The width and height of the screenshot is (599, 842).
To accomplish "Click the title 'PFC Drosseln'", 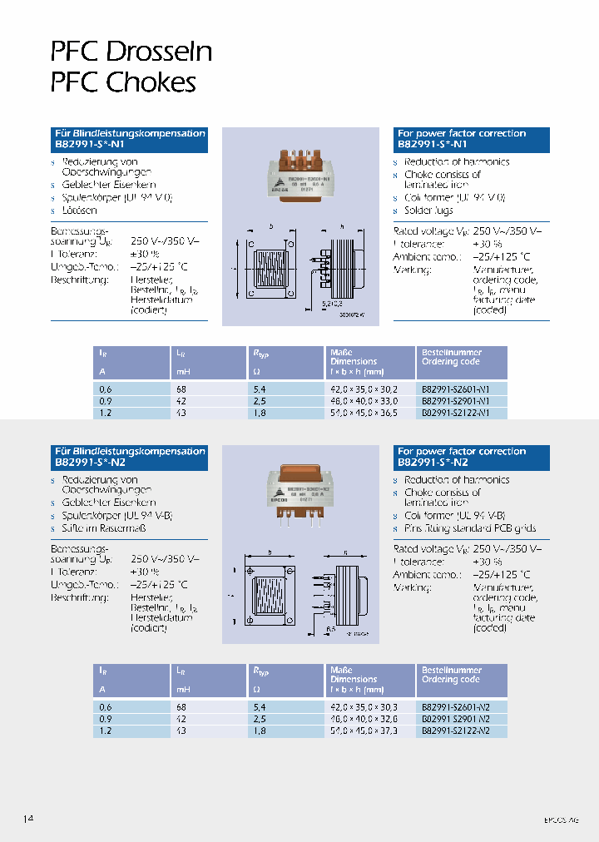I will tap(131, 52).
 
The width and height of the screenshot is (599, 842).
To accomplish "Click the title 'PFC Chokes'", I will tap(123, 82).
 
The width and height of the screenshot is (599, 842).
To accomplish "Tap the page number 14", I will tap(28, 819).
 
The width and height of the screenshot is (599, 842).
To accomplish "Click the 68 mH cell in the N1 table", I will tap(181, 389).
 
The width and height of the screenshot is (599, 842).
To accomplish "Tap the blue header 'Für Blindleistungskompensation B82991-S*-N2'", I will tap(130, 456).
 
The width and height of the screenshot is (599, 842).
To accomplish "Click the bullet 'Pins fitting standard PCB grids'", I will tap(471, 527).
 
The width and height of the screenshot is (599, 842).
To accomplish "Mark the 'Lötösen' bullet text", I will tap(80, 210).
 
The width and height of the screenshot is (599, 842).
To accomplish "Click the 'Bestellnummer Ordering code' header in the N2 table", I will tap(452, 675).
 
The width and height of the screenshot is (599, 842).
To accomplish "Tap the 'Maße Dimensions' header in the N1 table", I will tap(354, 357).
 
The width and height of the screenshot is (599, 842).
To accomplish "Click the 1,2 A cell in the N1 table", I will tap(105, 412).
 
